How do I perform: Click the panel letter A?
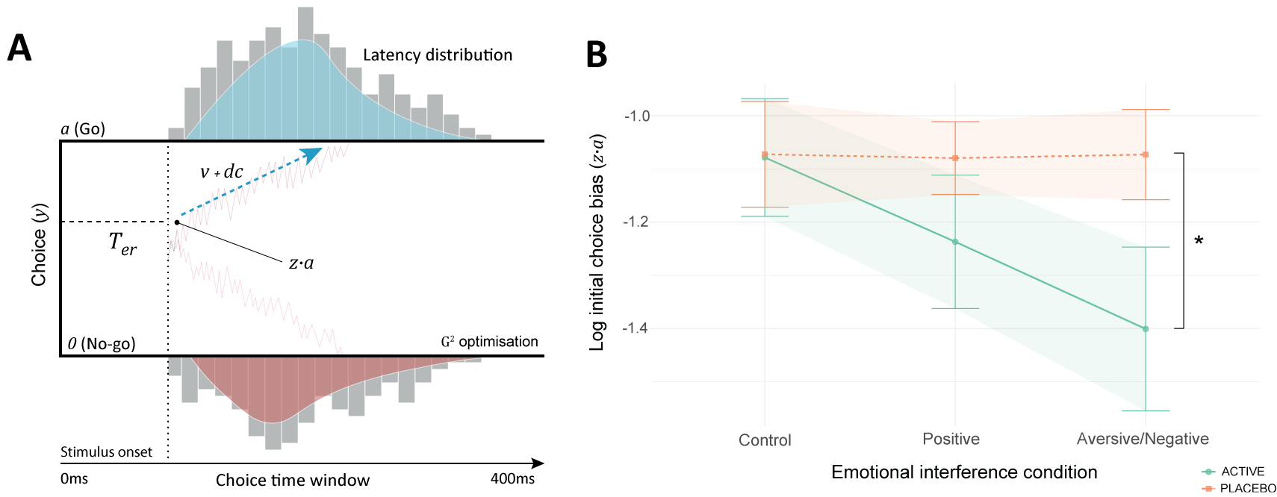click(19, 49)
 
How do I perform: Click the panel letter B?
click(596, 54)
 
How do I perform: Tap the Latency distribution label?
click(437, 55)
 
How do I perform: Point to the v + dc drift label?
click(221, 172)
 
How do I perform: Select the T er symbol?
click(122, 243)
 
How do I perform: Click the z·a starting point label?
click(301, 263)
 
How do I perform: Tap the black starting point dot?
click(177, 222)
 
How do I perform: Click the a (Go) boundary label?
click(83, 129)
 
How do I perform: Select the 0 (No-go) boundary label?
click(102, 344)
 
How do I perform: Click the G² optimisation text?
click(489, 342)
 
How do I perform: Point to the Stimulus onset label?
click(106, 452)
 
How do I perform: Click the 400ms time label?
click(512, 479)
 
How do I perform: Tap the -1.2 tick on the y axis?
click(636, 222)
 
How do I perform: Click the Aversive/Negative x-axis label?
click(1142, 439)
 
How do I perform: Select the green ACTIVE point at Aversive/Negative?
click(1145, 329)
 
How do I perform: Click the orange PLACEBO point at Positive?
click(955, 158)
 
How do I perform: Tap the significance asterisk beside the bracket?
click(1199, 241)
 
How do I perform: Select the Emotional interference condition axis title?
click(963, 472)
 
